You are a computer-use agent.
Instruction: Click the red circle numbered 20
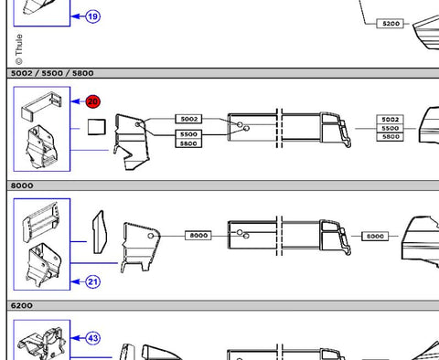[92, 101]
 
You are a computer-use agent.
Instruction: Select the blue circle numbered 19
[92, 16]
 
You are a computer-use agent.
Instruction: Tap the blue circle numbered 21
[92, 281]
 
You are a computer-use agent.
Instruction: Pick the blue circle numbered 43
[92, 338]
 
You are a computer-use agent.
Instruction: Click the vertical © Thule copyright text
[19, 49]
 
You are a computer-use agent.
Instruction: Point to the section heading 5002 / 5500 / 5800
[52, 73]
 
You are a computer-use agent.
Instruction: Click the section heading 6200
[22, 305]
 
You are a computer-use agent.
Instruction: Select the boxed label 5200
[391, 24]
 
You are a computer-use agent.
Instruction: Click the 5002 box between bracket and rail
[188, 119]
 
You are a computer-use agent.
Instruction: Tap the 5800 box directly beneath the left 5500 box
[188, 143]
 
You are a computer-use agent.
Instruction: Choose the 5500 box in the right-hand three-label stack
[391, 128]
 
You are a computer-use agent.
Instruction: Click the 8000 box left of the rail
[198, 236]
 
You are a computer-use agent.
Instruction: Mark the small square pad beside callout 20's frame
[97, 127]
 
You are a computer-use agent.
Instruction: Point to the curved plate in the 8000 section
[99, 232]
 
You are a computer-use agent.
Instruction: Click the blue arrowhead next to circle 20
[75, 101]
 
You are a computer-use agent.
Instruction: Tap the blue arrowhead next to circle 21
[75, 281]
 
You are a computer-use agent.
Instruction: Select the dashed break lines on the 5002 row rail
[279, 128]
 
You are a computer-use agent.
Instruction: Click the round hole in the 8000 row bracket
[151, 236]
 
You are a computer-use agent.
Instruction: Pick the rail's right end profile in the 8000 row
[336, 237]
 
